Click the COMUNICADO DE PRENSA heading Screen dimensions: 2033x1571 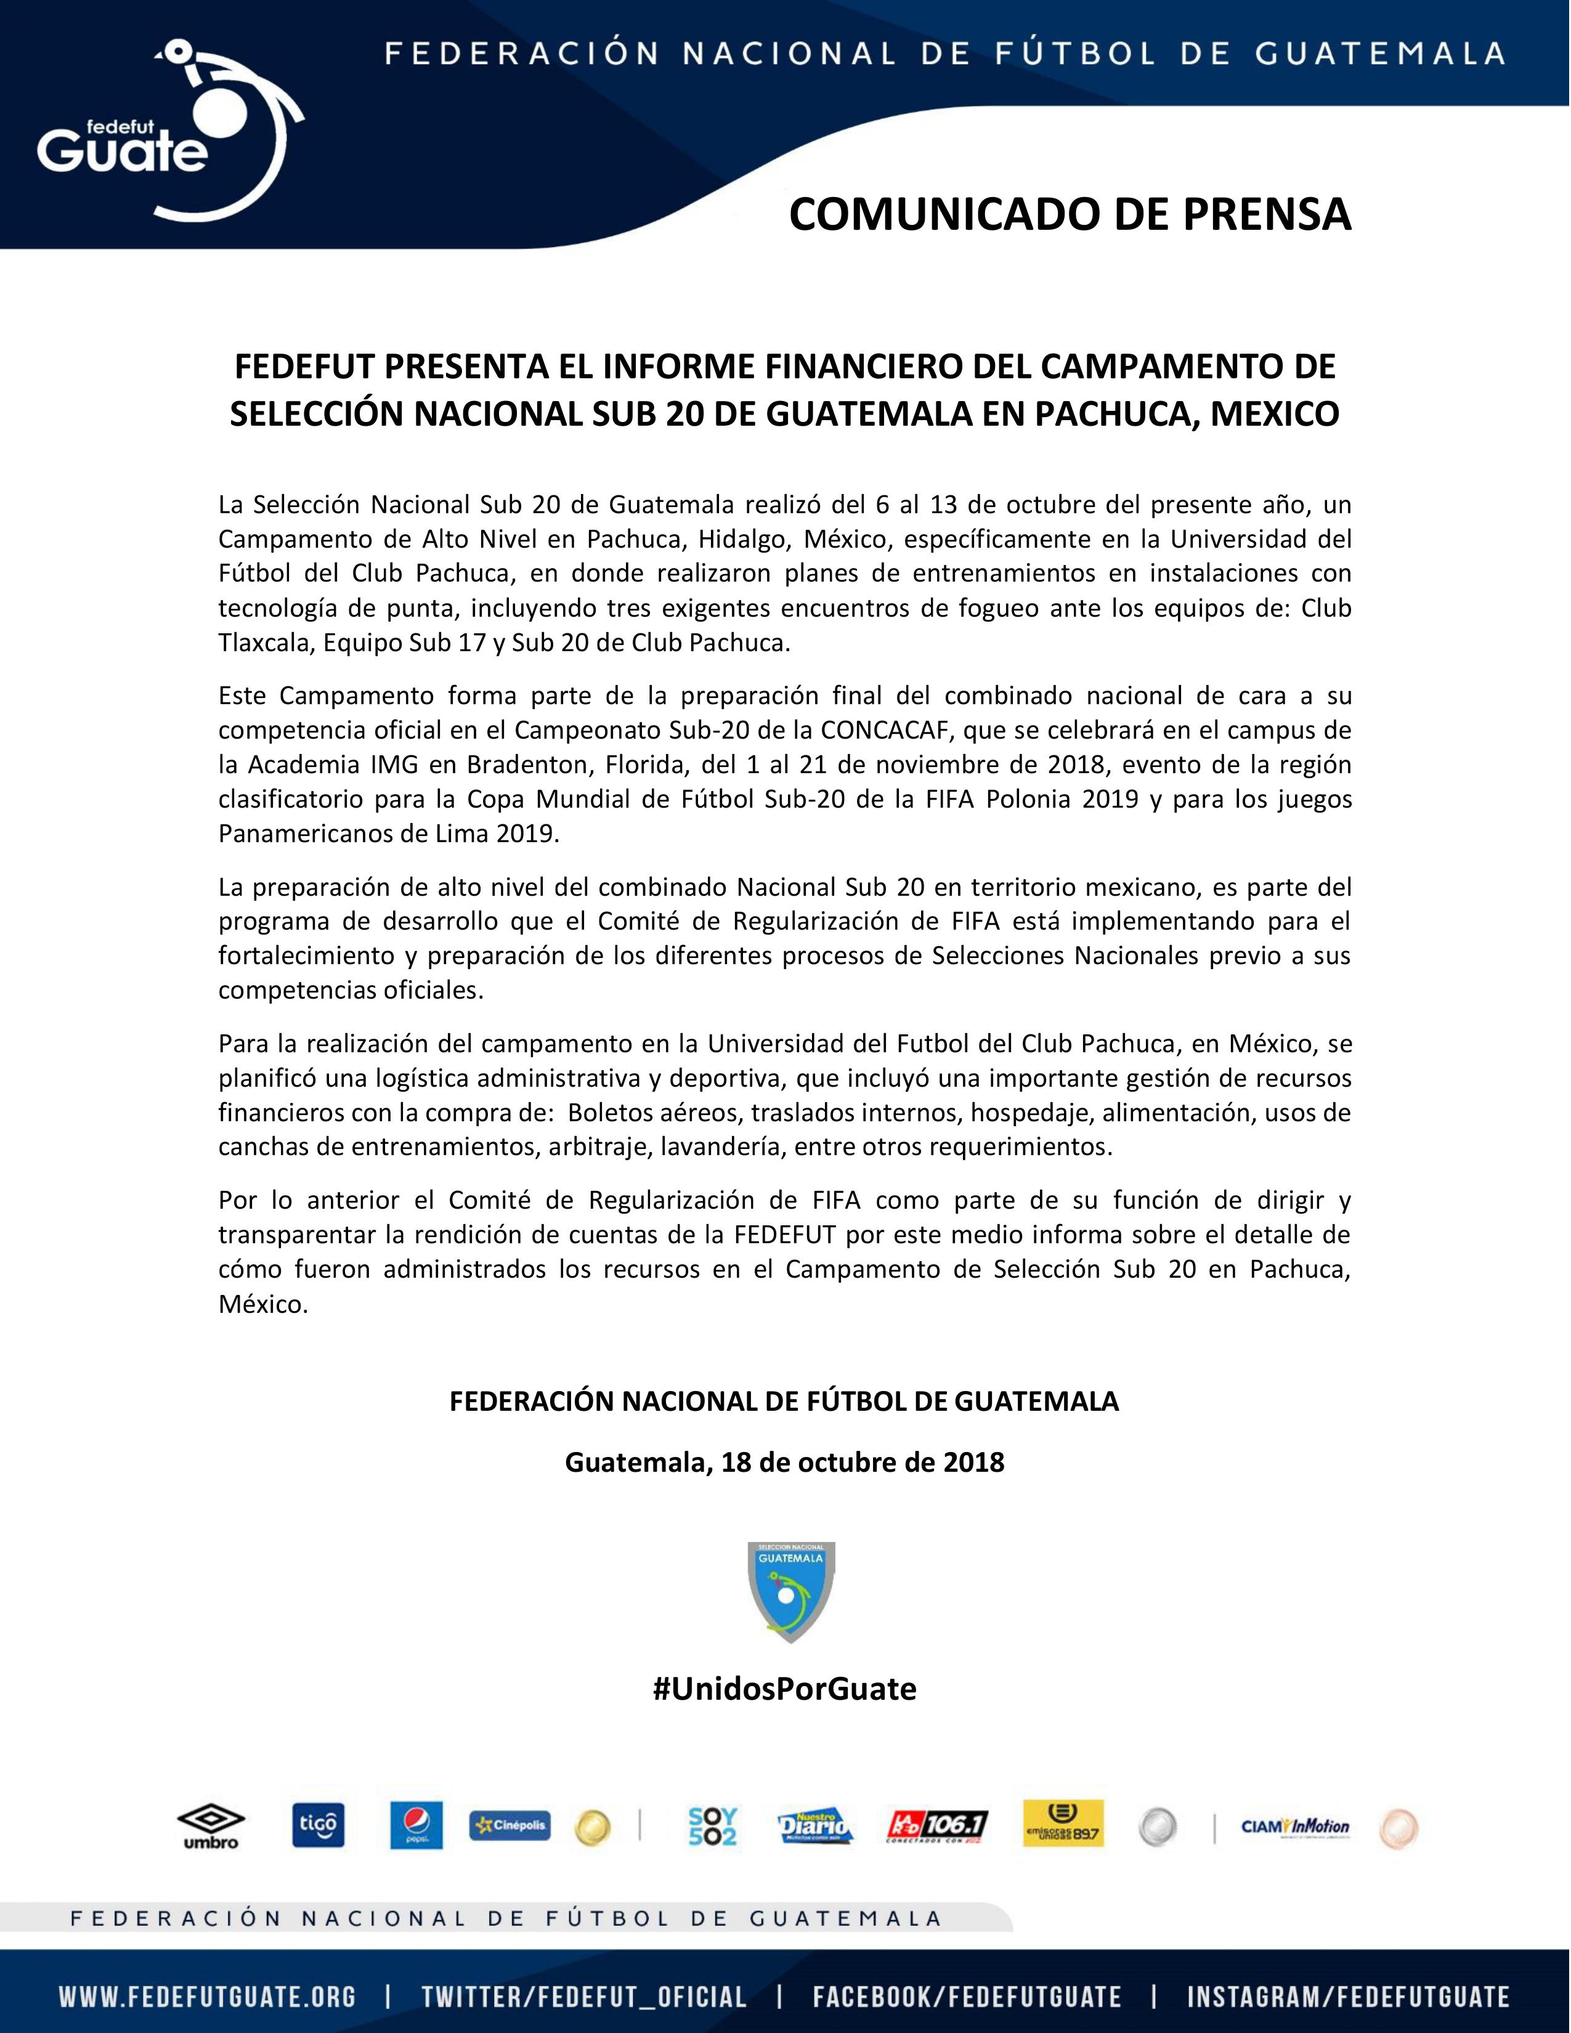(x=1070, y=214)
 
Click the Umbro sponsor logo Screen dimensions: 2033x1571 (x=211, y=1825)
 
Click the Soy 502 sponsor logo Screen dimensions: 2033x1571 (x=712, y=1825)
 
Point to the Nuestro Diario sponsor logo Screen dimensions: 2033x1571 (x=815, y=1825)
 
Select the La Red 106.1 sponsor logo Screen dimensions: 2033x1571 (x=938, y=1825)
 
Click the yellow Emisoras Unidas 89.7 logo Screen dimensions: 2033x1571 (x=1063, y=1825)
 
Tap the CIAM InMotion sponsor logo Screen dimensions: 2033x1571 (x=1294, y=1825)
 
